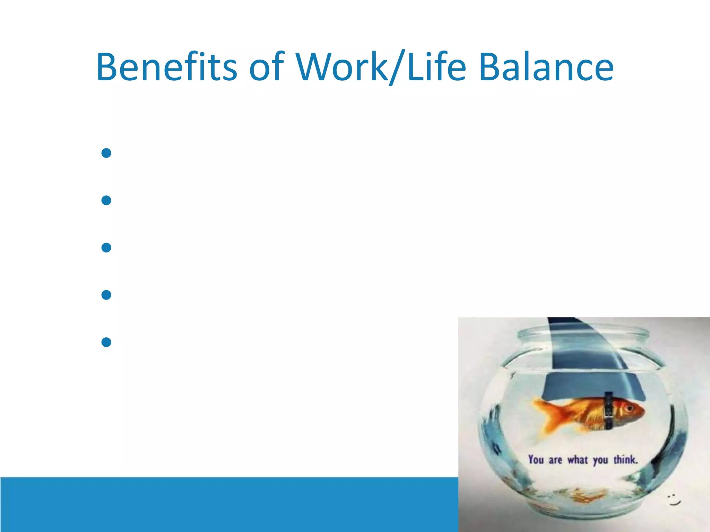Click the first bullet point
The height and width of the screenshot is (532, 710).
(x=106, y=153)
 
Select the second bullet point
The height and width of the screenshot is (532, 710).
(x=106, y=200)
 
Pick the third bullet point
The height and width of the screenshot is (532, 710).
(x=106, y=248)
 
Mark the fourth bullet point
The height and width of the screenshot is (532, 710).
(x=106, y=295)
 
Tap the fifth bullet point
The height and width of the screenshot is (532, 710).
(x=106, y=342)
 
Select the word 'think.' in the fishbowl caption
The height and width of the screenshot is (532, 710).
(x=626, y=460)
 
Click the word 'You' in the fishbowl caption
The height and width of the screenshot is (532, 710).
(x=536, y=460)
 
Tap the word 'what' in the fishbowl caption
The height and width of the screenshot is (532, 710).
(x=578, y=460)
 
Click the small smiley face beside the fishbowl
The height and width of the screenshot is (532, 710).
(x=674, y=499)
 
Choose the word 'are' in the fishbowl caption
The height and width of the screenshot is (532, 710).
(x=555, y=460)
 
